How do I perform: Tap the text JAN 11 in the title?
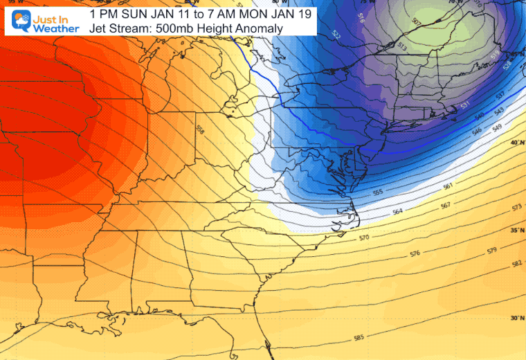click(165, 13)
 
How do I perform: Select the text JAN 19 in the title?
click(290, 13)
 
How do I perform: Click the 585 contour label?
click(359, 338)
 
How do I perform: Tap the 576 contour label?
click(415, 254)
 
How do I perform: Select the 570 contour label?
click(365, 238)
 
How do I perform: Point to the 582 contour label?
click(516, 264)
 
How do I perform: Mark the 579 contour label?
click(491, 250)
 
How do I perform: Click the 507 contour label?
click(415, 22)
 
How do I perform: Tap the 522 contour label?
click(336, 34)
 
